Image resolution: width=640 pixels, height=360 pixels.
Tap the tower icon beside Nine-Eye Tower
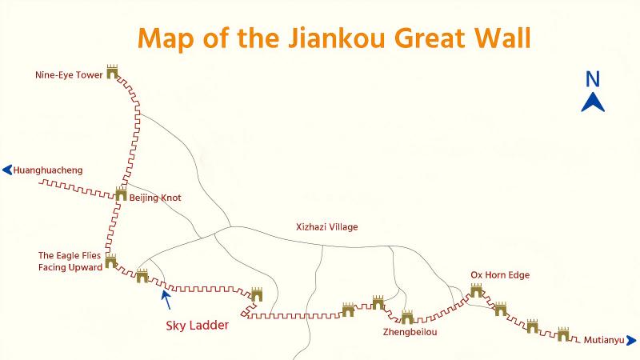pyautogui.click(x=112, y=72)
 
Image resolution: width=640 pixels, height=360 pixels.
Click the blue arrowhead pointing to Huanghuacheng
pyautogui.click(x=7, y=170)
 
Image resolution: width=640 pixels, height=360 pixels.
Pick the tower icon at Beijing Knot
pyautogui.click(x=121, y=193)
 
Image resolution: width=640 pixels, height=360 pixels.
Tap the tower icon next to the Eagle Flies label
pyautogui.click(x=110, y=261)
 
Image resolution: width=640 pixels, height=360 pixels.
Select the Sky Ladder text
pyautogui.click(x=198, y=326)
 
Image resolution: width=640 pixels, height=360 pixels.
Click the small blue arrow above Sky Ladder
pyautogui.click(x=166, y=298)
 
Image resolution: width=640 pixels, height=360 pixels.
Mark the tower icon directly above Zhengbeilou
pyautogui.click(x=407, y=318)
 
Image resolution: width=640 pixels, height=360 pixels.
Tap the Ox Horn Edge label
pyautogui.click(x=500, y=275)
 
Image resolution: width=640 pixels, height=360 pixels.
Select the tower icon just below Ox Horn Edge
pyautogui.click(x=477, y=290)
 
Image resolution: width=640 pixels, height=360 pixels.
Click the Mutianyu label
pyautogui.click(x=602, y=340)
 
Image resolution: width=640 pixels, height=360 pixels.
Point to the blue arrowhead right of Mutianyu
pyautogui.click(x=631, y=340)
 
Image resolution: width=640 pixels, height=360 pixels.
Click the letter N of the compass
pyautogui.click(x=593, y=78)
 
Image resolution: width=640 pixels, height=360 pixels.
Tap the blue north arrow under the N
pyautogui.click(x=593, y=102)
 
